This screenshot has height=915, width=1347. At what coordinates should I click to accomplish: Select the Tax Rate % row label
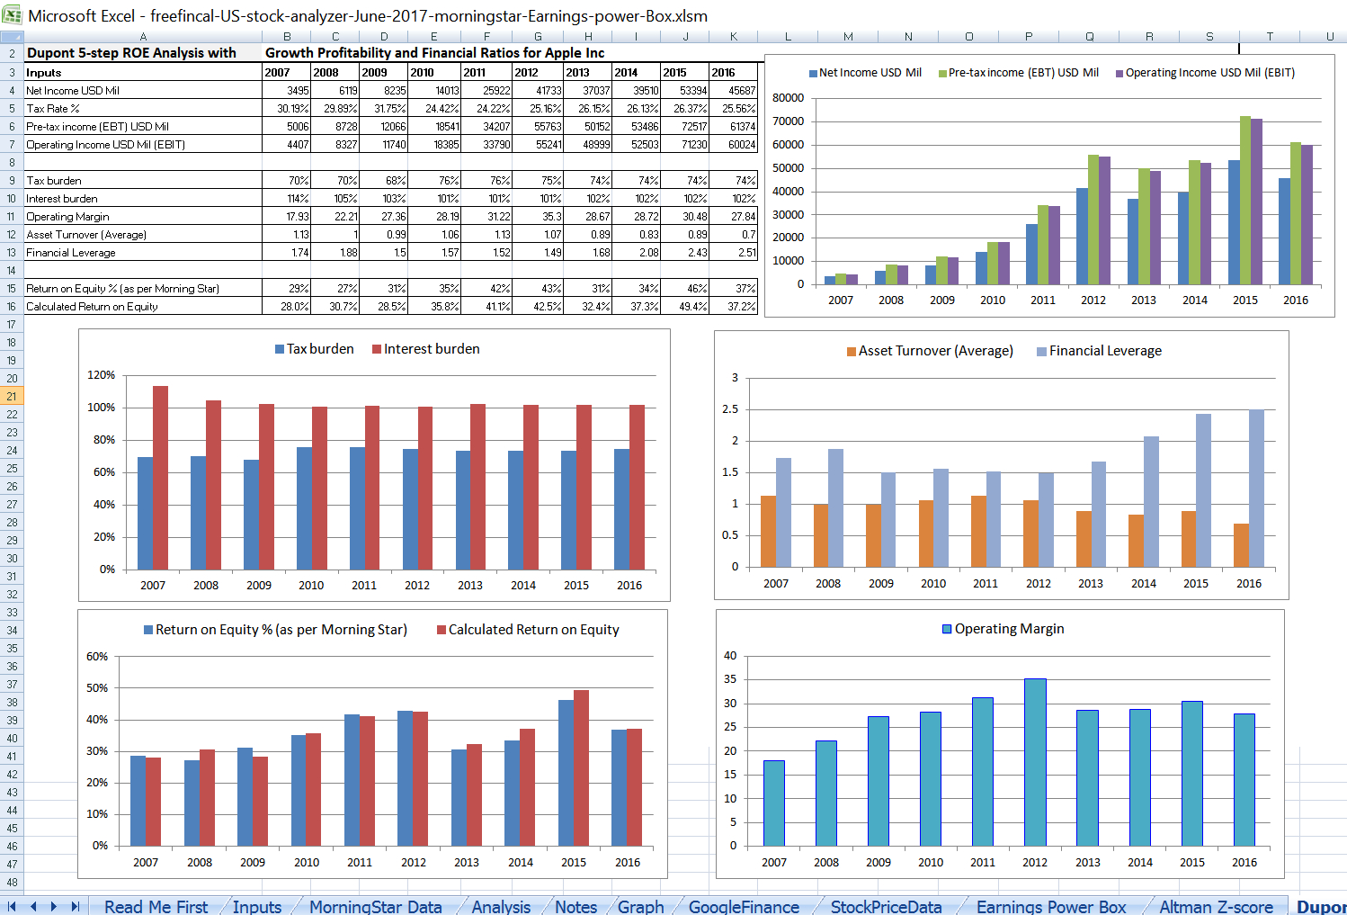[53, 109]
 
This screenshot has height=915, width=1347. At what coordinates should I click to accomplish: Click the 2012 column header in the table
[526, 73]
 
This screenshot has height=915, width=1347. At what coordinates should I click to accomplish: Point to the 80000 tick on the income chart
[788, 98]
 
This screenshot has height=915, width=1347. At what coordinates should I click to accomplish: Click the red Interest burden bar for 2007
[160, 477]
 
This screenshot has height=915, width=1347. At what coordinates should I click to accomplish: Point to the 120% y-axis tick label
[101, 375]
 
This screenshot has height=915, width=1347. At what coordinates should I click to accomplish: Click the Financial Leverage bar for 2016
[1256, 489]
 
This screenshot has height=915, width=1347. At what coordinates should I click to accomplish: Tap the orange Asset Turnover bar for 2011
[978, 531]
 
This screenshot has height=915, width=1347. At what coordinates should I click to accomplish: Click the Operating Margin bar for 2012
[1035, 762]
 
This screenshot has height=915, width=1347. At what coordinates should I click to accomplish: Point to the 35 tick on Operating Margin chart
[730, 680]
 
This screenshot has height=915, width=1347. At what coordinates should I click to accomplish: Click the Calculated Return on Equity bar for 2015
[581, 767]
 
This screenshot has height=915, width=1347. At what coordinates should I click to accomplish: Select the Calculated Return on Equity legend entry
[533, 630]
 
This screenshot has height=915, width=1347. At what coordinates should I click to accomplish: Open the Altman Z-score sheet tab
[1216, 907]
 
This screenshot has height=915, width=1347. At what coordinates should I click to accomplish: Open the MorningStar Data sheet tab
[375, 907]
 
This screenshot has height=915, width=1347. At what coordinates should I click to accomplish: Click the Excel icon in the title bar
[13, 15]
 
